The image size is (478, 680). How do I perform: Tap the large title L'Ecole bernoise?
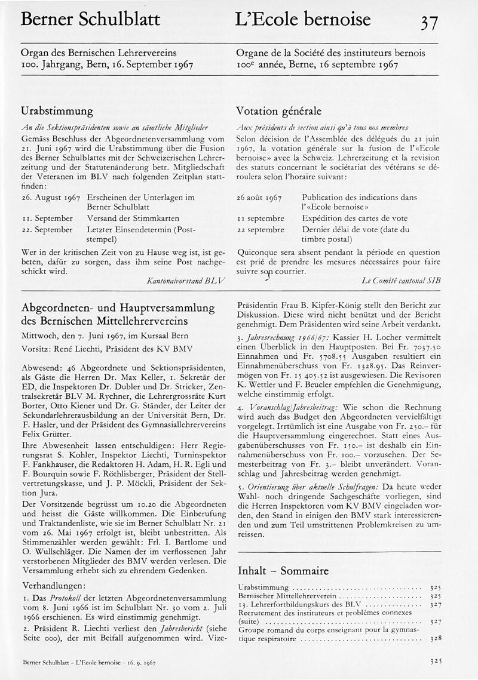click(303, 19)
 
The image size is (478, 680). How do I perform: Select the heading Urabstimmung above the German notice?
click(57, 111)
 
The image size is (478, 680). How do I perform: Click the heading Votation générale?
click(278, 111)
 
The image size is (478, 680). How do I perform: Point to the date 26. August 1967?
click(50, 196)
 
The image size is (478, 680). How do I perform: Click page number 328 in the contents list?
click(435, 638)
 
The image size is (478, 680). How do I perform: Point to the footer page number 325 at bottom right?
click(435, 662)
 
